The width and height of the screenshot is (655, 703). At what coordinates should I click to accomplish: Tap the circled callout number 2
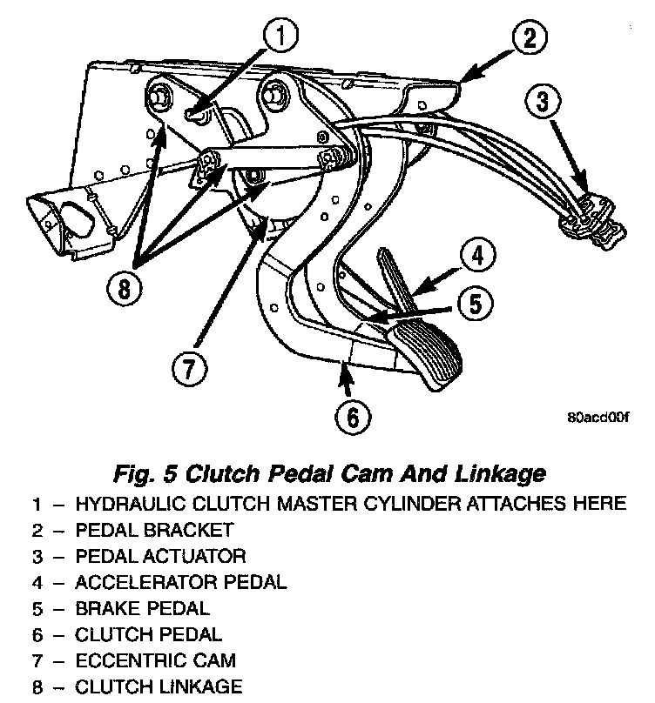[x=530, y=38]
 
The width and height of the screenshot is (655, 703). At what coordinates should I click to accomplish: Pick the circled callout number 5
[x=476, y=304]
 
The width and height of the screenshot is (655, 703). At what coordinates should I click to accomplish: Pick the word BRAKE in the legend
[x=104, y=608]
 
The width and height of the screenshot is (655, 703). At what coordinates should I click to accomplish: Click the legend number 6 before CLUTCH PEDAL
[x=37, y=634]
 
